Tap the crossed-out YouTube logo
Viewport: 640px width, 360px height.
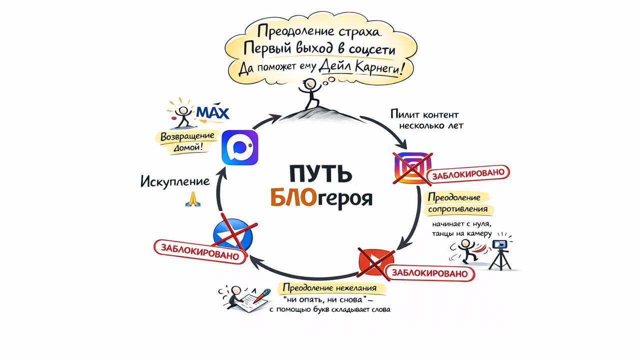(376, 260)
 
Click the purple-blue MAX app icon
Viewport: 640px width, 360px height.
(240, 147)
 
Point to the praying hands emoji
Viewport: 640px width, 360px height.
(192, 198)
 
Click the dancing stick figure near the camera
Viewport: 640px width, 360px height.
(466, 250)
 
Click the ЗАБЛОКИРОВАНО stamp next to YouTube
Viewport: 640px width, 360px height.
(429, 273)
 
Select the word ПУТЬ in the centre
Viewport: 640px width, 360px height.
(320, 174)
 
